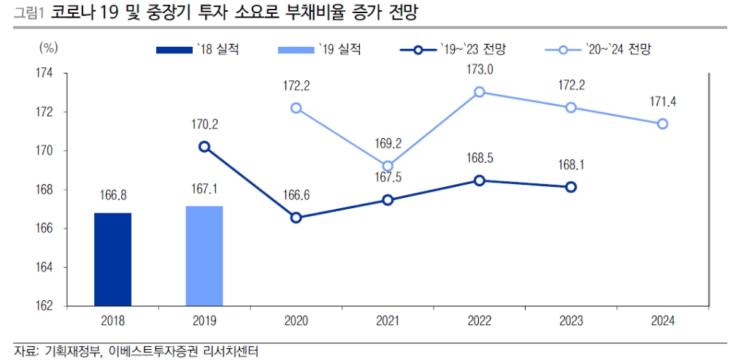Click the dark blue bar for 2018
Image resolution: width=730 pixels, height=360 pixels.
(112, 259)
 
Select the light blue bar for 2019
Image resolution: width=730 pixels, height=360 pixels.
(204, 256)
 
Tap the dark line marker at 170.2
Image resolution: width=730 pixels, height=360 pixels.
(204, 147)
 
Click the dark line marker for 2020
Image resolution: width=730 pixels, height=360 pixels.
(296, 218)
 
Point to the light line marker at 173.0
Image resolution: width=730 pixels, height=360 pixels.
(480, 92)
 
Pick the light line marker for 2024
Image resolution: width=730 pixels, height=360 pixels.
(662, 123)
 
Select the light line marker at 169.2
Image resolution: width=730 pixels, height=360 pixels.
(388, 166)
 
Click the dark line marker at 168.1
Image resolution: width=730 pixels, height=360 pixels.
(571, 187)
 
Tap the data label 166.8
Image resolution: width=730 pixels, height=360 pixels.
(112, 196)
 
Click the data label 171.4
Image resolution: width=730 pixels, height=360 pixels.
(662, 102)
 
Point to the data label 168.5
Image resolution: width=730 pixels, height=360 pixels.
(480, 158)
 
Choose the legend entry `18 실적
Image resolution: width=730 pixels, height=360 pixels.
(197, 50)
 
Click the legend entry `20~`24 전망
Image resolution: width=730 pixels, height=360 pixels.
(598, 50)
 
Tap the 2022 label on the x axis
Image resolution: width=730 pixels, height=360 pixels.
(480, 321)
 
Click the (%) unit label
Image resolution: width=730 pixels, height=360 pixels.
(47, 48)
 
